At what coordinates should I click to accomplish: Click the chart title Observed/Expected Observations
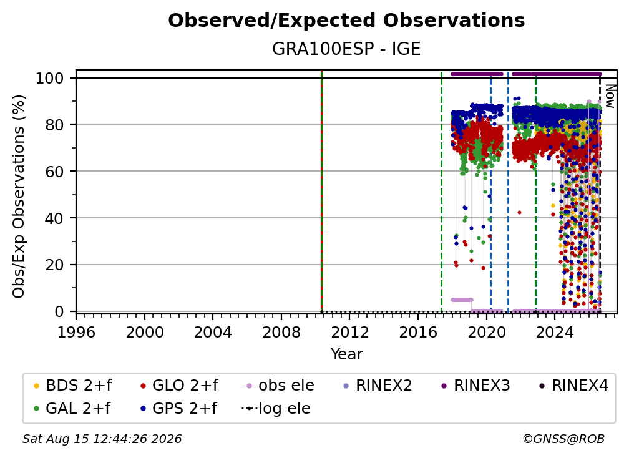[346, 21]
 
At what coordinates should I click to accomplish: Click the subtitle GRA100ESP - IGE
[346, 49]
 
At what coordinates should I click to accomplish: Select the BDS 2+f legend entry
[72, 386]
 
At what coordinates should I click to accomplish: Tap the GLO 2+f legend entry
[179, 386]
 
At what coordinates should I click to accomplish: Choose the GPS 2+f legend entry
[178, 408]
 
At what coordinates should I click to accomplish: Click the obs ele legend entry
[278, 386]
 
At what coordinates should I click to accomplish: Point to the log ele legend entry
[276, 408]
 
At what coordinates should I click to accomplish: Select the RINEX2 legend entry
[378, 386]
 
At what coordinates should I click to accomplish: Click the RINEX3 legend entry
[475, 386]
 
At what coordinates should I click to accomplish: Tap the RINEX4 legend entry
[573, 386]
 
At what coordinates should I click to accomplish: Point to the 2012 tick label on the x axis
[349, 333]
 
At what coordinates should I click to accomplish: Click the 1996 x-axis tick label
[76, 333]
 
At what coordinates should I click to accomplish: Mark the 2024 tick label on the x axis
[554, 333]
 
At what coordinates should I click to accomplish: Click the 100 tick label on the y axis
[50, 78]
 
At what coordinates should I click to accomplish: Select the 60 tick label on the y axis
[54, 171]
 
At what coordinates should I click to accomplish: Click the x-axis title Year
[346, 354]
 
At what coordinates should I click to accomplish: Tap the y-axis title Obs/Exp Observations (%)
[19, 197]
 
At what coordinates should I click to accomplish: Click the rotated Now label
[610, 97]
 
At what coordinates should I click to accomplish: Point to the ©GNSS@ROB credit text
[563, 439]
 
